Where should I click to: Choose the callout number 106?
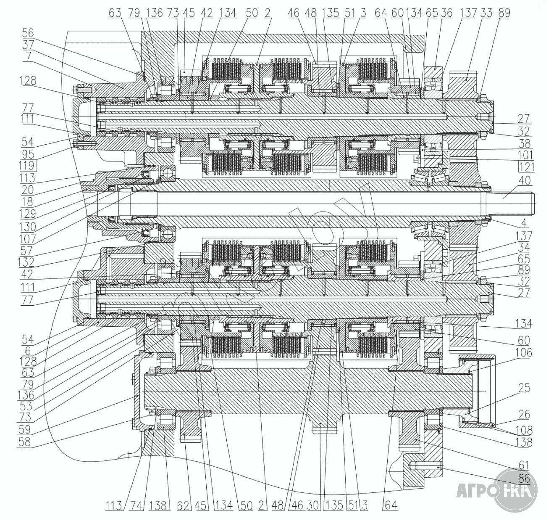point(525,353)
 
